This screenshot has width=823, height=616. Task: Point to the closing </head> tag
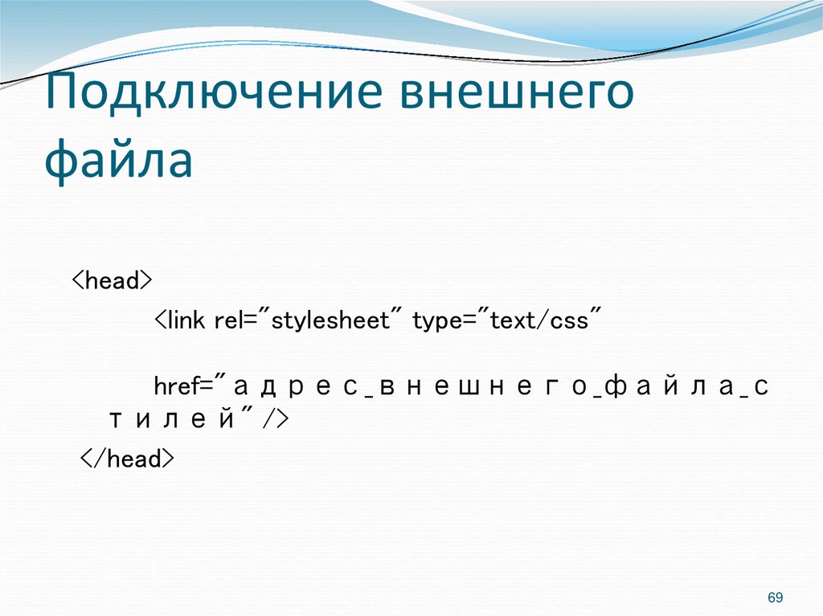126,459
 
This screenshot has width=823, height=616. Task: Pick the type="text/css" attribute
507,321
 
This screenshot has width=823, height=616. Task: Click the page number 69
775,598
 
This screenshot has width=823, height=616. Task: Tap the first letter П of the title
62,95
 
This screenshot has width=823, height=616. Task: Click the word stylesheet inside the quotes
332,322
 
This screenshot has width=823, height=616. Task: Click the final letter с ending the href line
761,387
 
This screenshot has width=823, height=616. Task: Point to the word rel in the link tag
227,321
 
